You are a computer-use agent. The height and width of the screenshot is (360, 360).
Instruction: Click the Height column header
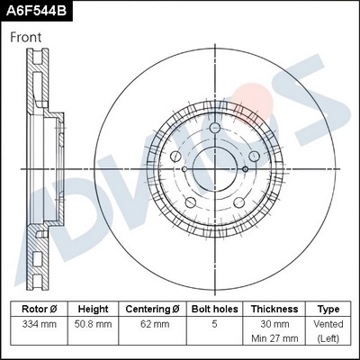tap(93, 308)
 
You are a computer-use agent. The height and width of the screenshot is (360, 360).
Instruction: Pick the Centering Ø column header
tap(152, 308)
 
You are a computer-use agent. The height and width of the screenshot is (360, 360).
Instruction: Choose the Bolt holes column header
tap(213, 308)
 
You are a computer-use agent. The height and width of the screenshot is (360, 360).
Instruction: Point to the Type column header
tap(328, 308)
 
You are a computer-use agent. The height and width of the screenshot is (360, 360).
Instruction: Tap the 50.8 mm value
tap(93, 324)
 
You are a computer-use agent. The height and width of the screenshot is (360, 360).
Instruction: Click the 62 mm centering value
tap(152, 324)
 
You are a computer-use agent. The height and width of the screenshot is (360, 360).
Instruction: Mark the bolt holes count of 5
tap(213, 324)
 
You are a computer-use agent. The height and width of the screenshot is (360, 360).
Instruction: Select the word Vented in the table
tap(328, 324)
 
